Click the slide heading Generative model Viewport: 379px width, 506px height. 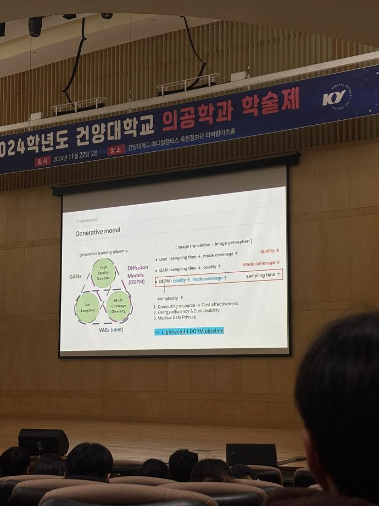(x=98, y=230)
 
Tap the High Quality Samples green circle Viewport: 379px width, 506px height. (x=104, y=273)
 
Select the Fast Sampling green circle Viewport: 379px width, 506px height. (x=87, y=307)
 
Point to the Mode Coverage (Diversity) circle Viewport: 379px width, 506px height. (x=118, y=306)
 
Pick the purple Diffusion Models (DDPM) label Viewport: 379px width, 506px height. (x=137, y=275)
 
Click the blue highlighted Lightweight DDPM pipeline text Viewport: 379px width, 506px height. (x=189, y=331)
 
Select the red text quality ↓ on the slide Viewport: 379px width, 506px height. (x=270, y=251)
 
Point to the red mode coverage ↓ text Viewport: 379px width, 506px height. (x=261, y=263)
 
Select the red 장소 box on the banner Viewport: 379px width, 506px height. (x=115, y=150)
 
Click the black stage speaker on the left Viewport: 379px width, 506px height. (x=43, y=442)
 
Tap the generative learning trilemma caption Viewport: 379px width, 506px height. (x=104, y=252)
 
